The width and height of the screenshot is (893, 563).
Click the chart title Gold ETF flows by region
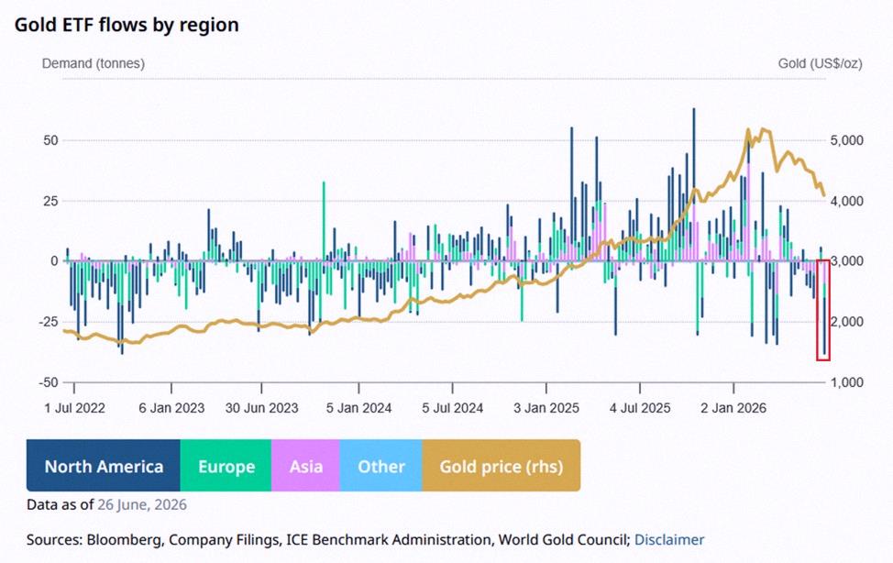[x=127, y=25]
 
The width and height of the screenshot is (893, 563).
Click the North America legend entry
[x=103, y=466]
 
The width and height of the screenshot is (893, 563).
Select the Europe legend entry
[x=226, y=466]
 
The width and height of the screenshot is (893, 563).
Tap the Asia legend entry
[x=305, y=466]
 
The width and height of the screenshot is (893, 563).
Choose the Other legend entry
[x=381, y=466]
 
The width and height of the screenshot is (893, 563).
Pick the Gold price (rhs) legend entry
[x=502, y=466]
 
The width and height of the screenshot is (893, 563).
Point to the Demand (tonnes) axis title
[x=94, y=63]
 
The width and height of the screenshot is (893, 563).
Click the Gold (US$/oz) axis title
[x=820, y=63]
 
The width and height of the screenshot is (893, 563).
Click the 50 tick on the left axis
[x=50, y=140]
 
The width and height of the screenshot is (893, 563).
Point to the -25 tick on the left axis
[x=49, y=322]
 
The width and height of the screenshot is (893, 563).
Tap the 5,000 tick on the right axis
[x=847, y=140]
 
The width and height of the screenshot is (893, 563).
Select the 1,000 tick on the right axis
[x=847, y=382]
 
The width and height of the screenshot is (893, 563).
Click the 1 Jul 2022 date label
[x=74, y=408]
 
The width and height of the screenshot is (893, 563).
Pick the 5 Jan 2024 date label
[x=358, y=408]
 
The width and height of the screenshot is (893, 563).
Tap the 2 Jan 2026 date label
[x=733, y=408]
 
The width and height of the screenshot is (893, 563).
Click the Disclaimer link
[x=669, y=540]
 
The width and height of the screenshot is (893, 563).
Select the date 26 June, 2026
[x=142, y=505]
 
